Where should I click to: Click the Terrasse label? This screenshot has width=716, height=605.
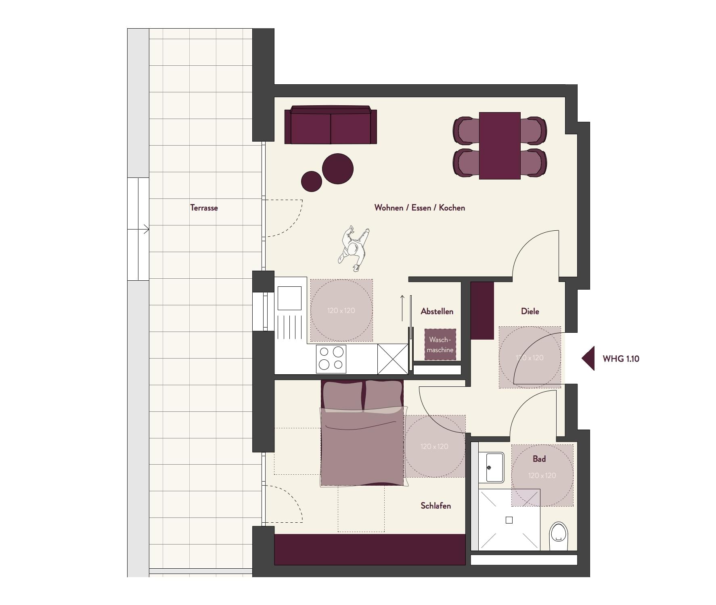(x=204, y=208)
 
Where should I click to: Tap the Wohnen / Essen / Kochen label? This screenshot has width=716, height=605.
(x=420, y=208)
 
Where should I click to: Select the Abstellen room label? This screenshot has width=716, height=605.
(x=437, y=311)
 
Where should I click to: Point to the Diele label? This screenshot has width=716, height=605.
(x=530, y=311)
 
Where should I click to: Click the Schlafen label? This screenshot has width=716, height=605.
(x=435, y=506)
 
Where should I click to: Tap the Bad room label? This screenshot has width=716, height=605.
(x=539, y=459)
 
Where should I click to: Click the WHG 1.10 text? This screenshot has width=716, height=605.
(x=621, y=359)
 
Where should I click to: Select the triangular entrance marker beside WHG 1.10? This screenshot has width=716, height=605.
(x=588, y=358)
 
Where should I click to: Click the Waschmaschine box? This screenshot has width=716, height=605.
(x=440, y=345)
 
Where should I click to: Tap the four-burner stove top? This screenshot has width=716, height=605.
(x=331, y=358)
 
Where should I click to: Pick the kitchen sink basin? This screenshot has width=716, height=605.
(x=289, y=298)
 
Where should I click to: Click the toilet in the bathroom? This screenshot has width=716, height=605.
(x=559, y=536)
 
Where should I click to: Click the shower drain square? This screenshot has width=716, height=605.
(x=509, y=520)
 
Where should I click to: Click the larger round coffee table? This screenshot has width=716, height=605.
(x=338, y=169)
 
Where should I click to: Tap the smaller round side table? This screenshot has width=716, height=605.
(x=312, y=181)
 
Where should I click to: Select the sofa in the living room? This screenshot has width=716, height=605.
(x=331, y=125)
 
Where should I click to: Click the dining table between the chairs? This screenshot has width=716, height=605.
(x=500, y=146)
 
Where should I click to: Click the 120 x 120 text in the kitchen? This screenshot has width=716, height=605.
(x=341, y=311)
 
